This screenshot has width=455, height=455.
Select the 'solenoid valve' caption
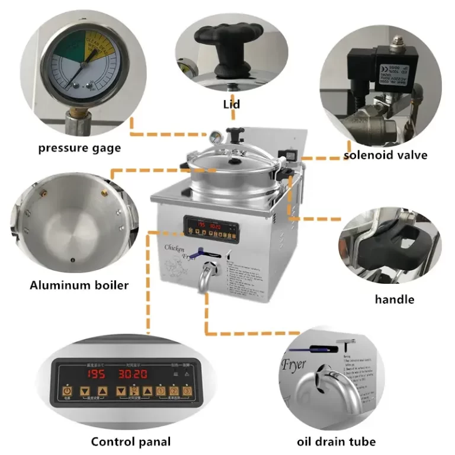386,156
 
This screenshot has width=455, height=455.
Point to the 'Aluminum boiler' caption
79,286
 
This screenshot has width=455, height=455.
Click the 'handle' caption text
394,299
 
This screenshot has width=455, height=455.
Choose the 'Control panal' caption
130,441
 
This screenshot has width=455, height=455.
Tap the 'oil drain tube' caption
337,441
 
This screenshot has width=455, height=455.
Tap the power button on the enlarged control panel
68,392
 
